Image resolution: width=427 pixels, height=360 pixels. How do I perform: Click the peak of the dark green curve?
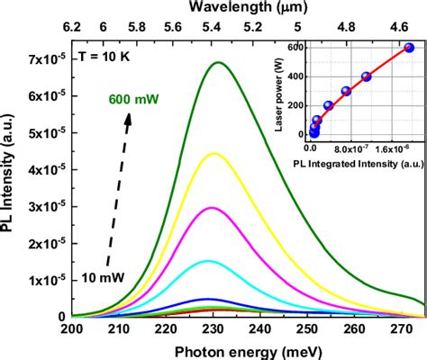point(218,63)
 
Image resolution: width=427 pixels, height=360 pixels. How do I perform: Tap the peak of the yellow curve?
point(213,154)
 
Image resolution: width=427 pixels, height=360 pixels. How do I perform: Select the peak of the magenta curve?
point(212,208)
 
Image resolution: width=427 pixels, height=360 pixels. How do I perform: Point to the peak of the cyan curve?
point(208,261)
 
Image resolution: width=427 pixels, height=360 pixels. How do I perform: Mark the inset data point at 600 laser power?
point(409,49)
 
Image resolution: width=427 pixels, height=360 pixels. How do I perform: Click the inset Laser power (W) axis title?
point(267,94)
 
